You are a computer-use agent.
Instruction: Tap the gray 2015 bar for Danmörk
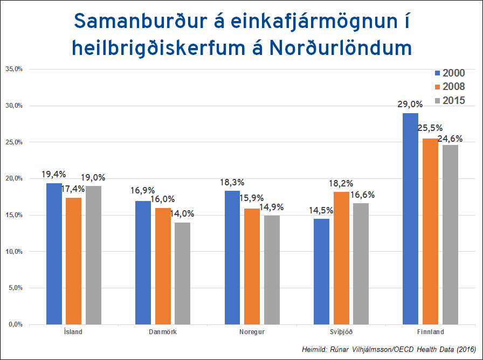coord(182,273)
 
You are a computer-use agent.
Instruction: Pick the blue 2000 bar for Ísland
coord(54,253)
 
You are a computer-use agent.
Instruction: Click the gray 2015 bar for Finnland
coord(450,234)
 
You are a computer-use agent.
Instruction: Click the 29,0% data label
coord(409,105)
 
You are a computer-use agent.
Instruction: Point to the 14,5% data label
coord(320,210)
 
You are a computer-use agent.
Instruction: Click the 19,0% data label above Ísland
coord(93,177)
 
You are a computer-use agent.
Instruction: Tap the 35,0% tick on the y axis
coord(14,69)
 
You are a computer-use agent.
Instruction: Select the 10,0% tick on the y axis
coord(14,251)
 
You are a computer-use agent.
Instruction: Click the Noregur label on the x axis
coord(252,331)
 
